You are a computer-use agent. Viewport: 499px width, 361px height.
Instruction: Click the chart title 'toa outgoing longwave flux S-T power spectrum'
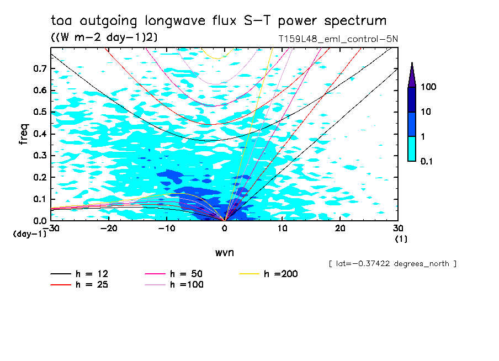pos(219,21)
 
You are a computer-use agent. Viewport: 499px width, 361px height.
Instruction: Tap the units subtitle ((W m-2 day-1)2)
pos(101,38)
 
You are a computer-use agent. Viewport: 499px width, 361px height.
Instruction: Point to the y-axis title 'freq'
pos(24,134)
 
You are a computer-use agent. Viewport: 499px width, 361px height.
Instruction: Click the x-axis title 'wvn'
pos(224,252)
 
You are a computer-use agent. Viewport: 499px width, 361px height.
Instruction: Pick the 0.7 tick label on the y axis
pos(39,68)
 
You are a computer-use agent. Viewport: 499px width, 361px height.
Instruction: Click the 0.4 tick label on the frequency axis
pos(39,134)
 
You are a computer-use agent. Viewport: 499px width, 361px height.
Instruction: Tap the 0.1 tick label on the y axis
pos(39,199)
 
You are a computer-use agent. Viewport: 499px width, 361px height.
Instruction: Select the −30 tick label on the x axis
pos(51,228)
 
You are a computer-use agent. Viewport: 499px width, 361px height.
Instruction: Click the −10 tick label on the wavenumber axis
pos(167,228)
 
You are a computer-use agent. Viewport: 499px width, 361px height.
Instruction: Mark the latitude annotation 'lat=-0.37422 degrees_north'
pos(392,264)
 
